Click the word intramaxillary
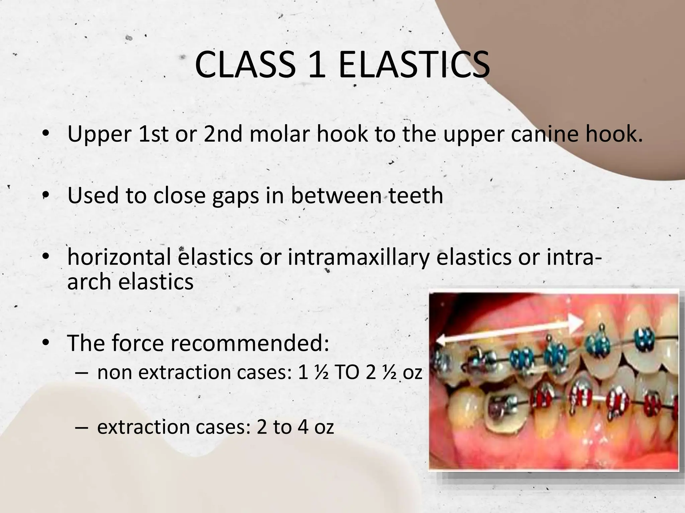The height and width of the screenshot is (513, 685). pyautogui.click(x=358, y=258)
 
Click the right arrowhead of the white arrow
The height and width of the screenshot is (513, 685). pyautogui.click(x=576, y=323)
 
